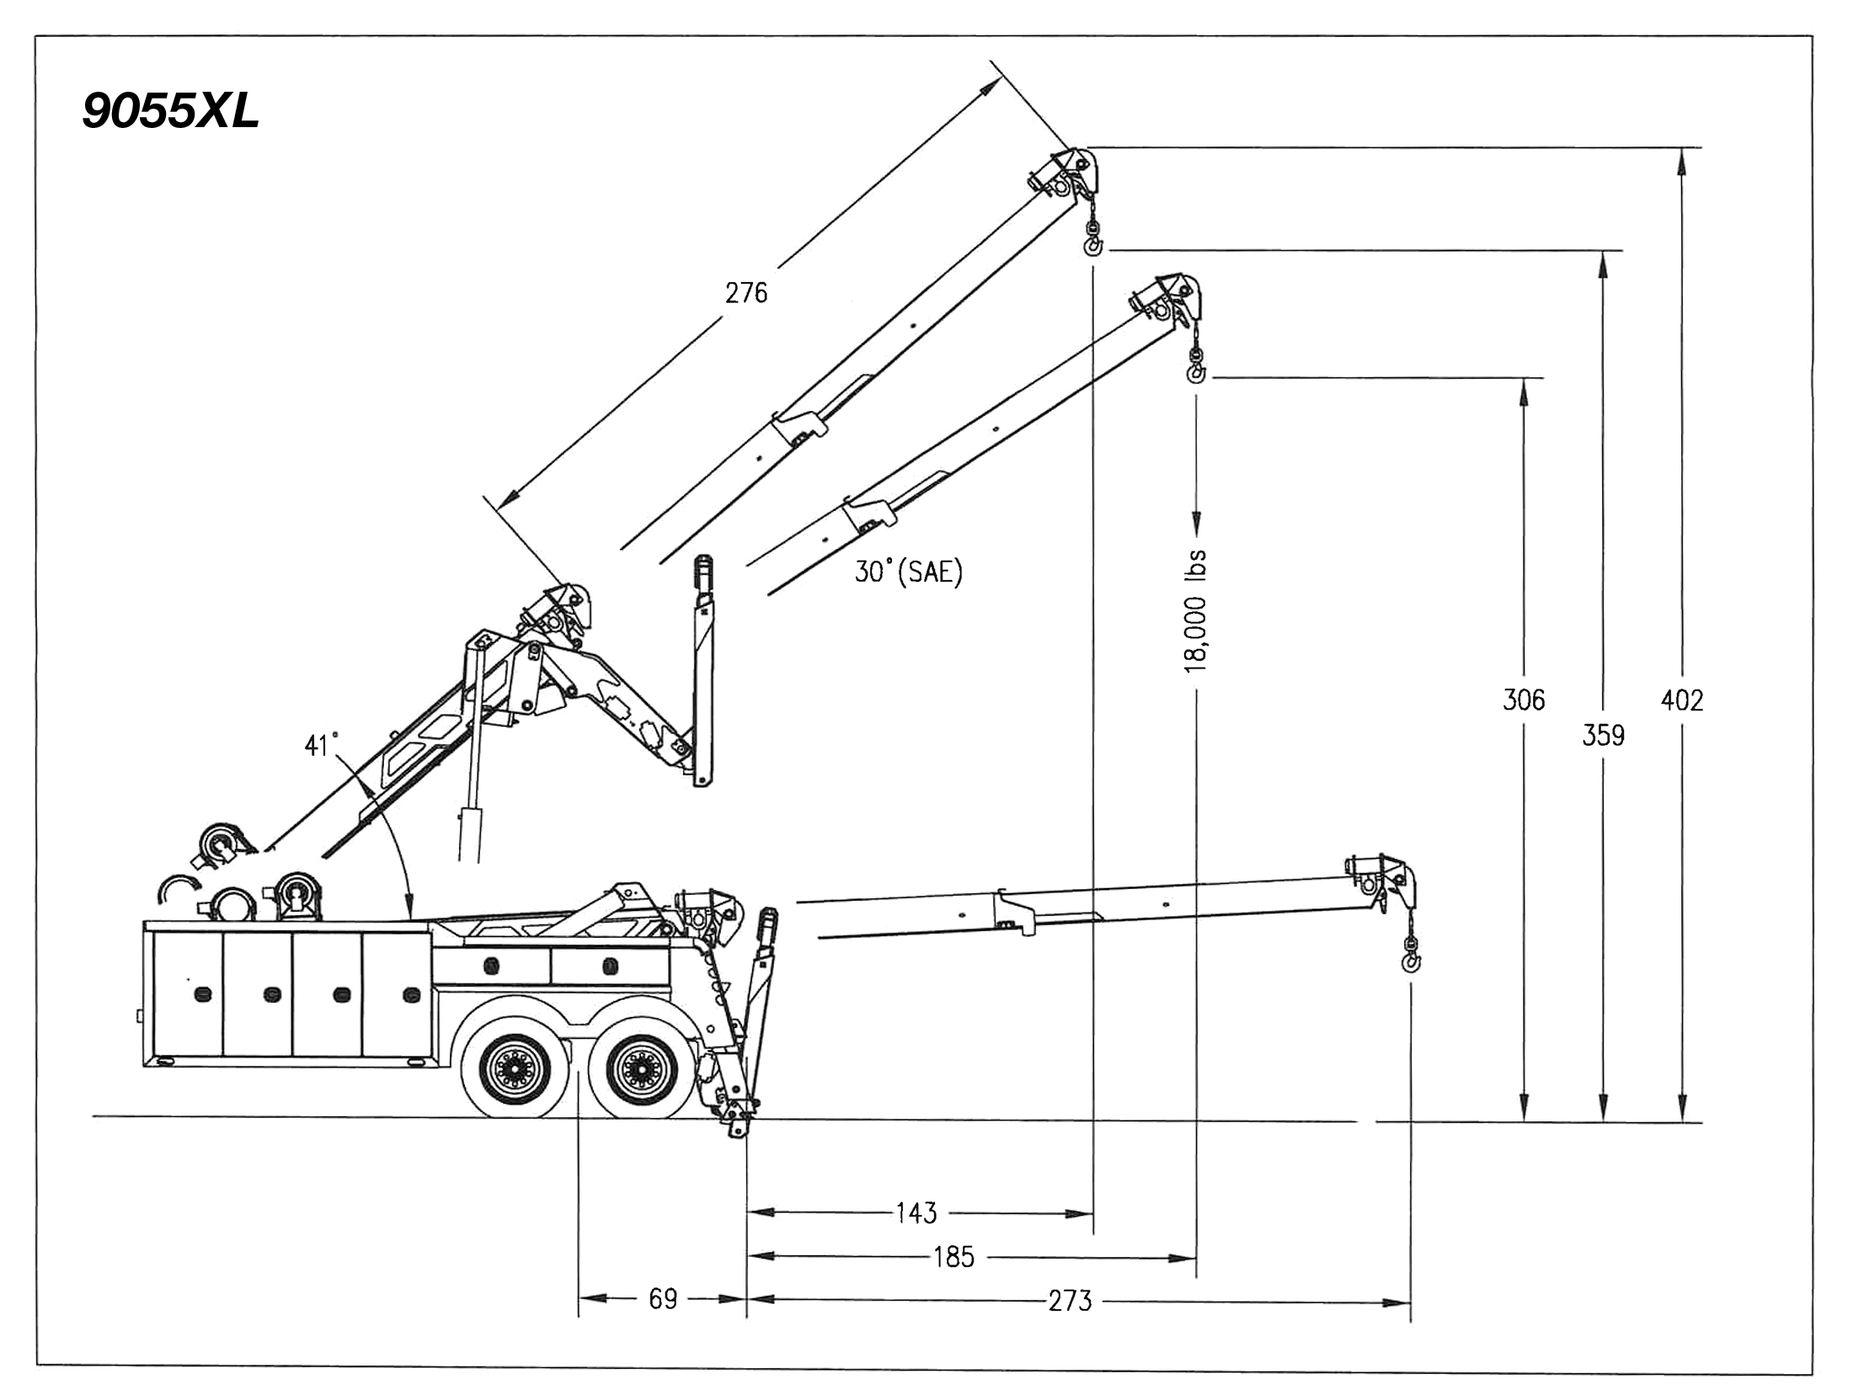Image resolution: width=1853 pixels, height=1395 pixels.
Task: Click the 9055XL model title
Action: point(171,110)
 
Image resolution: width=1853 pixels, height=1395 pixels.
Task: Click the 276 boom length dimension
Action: point(746,292)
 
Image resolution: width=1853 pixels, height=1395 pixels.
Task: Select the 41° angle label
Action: point(321,745)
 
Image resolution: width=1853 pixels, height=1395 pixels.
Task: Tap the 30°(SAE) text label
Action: point(908,572)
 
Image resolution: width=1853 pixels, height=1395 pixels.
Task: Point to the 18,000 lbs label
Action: point(1196,611)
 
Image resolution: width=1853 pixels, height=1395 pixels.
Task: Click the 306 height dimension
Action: point(1524,700)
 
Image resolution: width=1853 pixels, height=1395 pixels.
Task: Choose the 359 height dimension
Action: point(1603,735)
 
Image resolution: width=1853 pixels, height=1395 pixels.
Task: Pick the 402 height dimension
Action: point(1682,700)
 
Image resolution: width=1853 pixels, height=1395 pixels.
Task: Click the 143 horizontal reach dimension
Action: point(916,1213)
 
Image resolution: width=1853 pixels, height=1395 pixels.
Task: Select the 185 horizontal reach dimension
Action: point(953,1257)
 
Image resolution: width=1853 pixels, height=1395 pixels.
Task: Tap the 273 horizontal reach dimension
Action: point(1070,1301)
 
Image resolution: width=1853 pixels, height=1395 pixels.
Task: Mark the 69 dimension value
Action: point(663,1299)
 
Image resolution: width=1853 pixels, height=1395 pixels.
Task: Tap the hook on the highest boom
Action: point(1093,244)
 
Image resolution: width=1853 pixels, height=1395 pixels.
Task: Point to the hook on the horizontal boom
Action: point(1410,961)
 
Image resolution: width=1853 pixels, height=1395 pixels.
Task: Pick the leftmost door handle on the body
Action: point(202,994)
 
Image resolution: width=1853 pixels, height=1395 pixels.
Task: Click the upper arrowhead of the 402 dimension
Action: point(1682,160)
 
